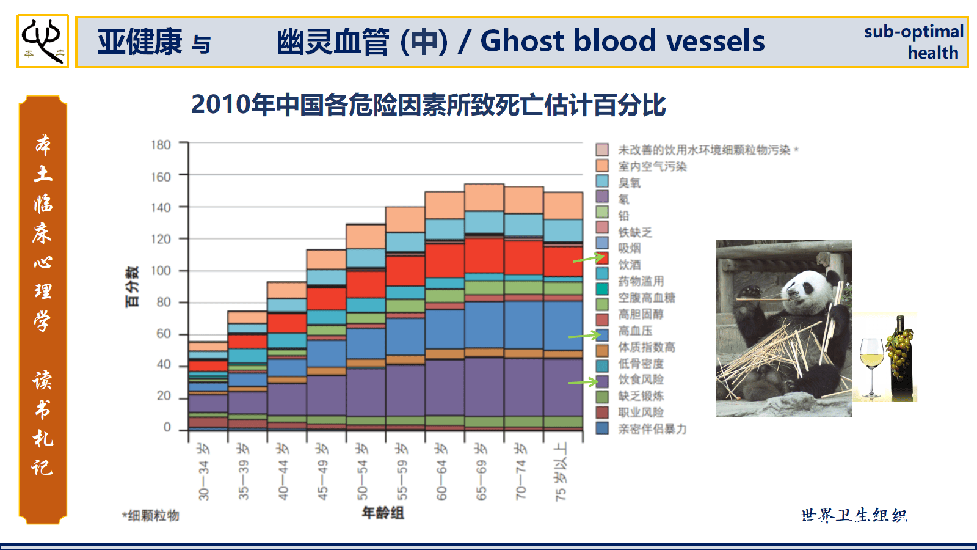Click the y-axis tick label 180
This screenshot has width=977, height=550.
click(161, 144)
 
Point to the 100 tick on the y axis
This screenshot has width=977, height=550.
click(161, 271)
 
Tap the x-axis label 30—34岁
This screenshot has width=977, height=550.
click(203, 472)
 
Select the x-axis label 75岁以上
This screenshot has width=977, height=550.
click(561, 472)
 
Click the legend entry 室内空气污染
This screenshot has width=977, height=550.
click(652, 166)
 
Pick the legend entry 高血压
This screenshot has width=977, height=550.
click(635, 331)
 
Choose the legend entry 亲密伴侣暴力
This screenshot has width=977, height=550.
click(652, 429)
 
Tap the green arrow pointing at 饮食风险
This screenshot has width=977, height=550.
click(583, 382)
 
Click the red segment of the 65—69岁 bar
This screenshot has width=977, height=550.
click(484, 255)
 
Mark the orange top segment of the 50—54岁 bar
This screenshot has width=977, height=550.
click(366, 237)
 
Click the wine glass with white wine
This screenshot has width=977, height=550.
click(871, 367)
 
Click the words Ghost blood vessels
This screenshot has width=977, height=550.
click(622, 41)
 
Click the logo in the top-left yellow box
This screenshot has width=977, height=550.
click(43, 41)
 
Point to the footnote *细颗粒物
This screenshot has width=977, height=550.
click(151, 516)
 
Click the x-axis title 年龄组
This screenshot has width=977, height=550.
click(383, 513)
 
